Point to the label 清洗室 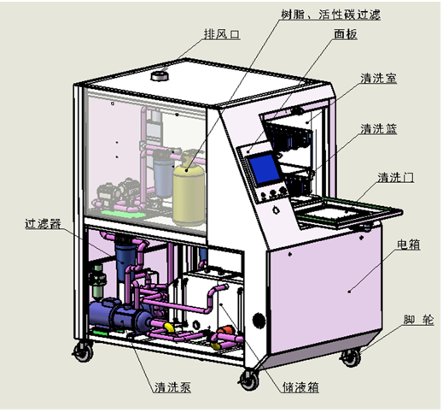tap(378, 78)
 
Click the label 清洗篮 tap(378, 129)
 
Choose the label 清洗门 tap(397, 178)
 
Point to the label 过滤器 tap(44, 225)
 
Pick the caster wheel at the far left tap(84, 351)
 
